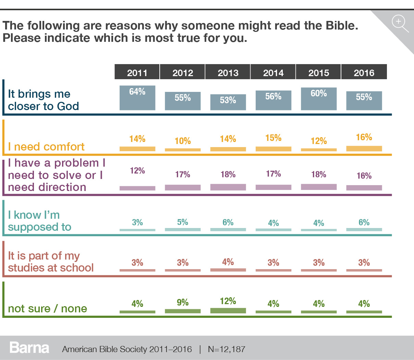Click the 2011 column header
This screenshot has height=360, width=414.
pyautogui.click(x=137, y=72)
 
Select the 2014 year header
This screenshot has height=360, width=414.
pyautogui.click(x=273, y=72)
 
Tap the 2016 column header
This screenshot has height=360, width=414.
pyautogui.click(x=364, y=72)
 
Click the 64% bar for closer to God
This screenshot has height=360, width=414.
pyautogui.click(x=137, y=98)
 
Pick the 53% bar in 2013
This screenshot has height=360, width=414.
pyautogui.click(x=228, y=102)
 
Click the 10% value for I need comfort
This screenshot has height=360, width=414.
pyautogui.click(x=183, y=141)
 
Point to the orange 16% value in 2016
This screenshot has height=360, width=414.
pyautogui.click(x=364, y=137)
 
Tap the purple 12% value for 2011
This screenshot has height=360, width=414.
pyautogui.click(x=137, y=170)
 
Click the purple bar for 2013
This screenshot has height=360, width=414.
pyautogui.click(x=228, y=187)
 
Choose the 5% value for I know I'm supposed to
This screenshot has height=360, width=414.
pyautogui.click(x=183, y=222)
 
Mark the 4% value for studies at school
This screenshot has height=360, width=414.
pyautogui.click(x=228, y=262)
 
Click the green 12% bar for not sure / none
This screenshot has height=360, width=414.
pyautogui.click(x=228, y=311)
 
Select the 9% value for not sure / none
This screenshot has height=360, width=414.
pyautogui.click(x=183, y=302)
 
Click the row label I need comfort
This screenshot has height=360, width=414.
pyautogui.click(x=46, y=147)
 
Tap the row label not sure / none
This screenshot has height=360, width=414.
pyautogui.click(x=47, y=309)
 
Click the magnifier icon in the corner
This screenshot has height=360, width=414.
pyautogui.click(x=400, y=23)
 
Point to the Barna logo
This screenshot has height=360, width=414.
pyautogui.click(x=29, y=348)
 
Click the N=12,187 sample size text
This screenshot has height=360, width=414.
pyautogui.click(x=227, y=349)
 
